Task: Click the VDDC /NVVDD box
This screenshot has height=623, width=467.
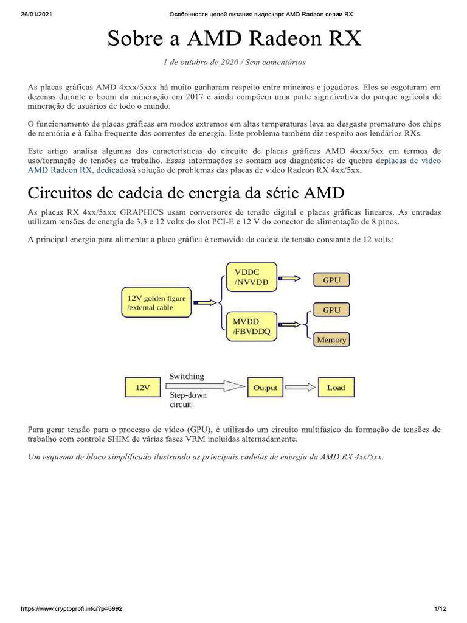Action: coord(251,276)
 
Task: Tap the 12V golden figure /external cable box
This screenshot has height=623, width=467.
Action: coord(157,302)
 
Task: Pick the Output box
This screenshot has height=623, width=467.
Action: coord(265,387)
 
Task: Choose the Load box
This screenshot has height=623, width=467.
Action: coord(336,387)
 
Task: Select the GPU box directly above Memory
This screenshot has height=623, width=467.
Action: coord(331,310)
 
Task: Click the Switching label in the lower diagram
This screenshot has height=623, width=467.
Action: coord(187,376)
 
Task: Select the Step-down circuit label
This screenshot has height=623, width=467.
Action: coord(188,400)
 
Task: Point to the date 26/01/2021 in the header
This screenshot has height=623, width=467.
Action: coord(29,13)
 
